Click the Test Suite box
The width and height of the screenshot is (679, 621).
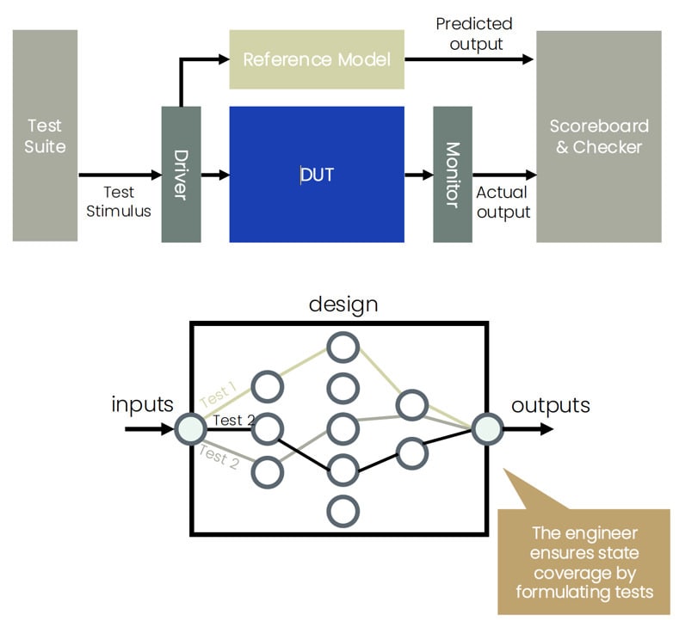45,136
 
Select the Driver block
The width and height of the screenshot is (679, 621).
181,175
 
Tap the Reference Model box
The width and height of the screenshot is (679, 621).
317,59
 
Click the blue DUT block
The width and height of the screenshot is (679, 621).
317,175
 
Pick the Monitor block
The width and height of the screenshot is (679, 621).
452,175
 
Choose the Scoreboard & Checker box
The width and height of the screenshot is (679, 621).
599,136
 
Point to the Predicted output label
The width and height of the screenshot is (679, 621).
474,33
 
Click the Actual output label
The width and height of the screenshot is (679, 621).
503,202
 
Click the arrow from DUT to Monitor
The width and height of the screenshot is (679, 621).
419,175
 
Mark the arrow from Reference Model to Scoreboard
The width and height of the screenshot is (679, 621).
469,59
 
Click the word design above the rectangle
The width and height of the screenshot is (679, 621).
343,304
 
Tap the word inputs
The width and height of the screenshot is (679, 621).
142,404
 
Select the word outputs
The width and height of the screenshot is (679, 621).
551,404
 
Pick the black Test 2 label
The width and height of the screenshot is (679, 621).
232,421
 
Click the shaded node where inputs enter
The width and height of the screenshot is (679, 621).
190,427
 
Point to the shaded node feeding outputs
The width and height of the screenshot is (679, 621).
487,427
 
